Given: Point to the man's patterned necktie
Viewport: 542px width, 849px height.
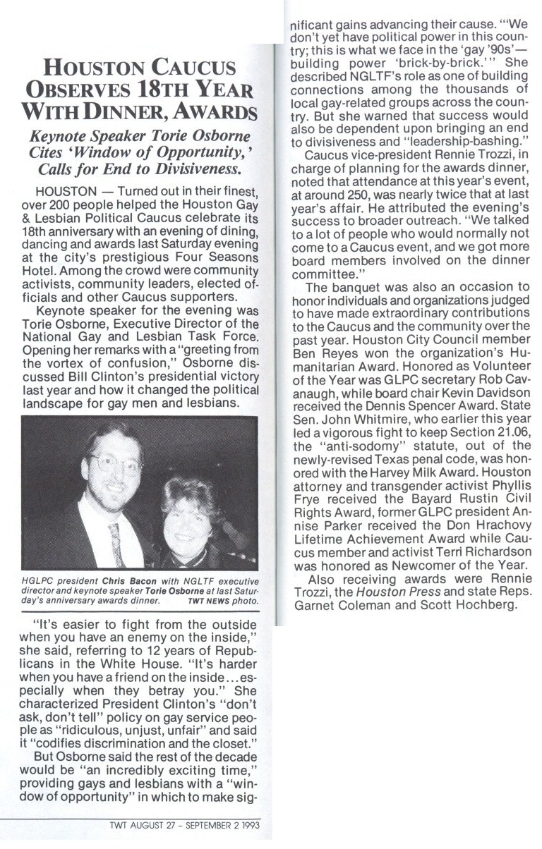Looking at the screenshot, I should pyautogui.click(x=116, y=543).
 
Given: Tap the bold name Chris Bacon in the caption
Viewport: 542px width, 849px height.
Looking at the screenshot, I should pyautogui.click(x=100, y=581).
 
